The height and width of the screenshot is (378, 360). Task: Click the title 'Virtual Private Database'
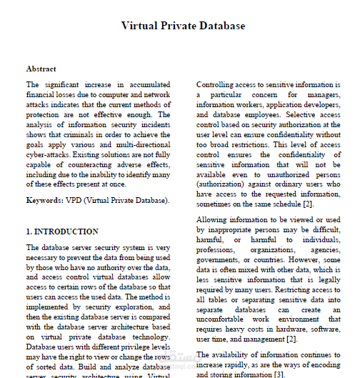[x=183, y=26]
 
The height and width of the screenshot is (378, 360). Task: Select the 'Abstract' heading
[x=41, y=69]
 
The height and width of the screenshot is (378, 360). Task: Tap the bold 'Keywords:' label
[x=44, y=201]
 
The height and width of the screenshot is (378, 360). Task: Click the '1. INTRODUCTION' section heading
[x=62, y=232]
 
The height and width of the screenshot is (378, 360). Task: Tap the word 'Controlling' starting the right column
[x=217, y=84]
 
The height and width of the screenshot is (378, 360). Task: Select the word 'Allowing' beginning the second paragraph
[x=214, y=222]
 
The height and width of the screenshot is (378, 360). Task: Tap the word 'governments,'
[x=221, y=262]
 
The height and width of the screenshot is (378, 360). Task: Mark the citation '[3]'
[x=279, y=374]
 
